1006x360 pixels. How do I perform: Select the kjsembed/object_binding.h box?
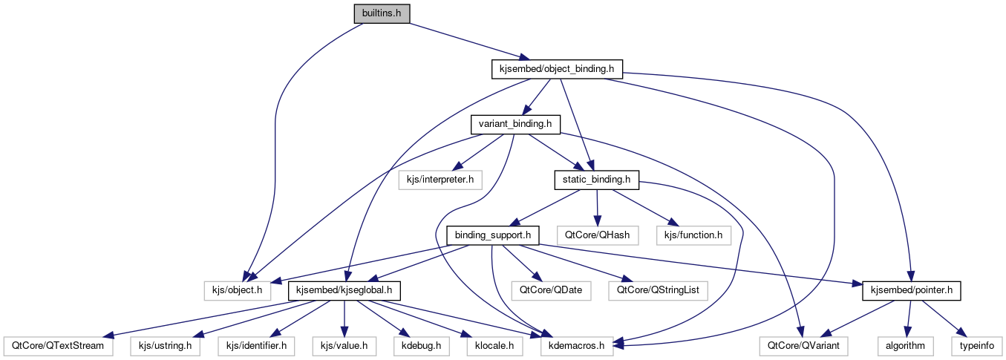pos(557,69)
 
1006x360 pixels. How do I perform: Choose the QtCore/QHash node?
pos(597,235)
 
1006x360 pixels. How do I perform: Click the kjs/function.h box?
pos(693,235)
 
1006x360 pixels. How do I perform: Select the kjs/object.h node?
pos(234,290)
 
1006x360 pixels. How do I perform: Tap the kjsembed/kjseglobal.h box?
pos(344,290)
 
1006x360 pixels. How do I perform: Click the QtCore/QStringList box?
pos(657,290)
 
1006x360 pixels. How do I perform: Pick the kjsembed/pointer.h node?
pos(911,290)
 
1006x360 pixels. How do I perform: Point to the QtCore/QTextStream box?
pos(56,345)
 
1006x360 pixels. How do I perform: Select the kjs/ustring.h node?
pos(165,345)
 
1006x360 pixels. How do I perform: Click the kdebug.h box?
pos(420,345)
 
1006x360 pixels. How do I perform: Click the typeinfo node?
pos(975,345)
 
